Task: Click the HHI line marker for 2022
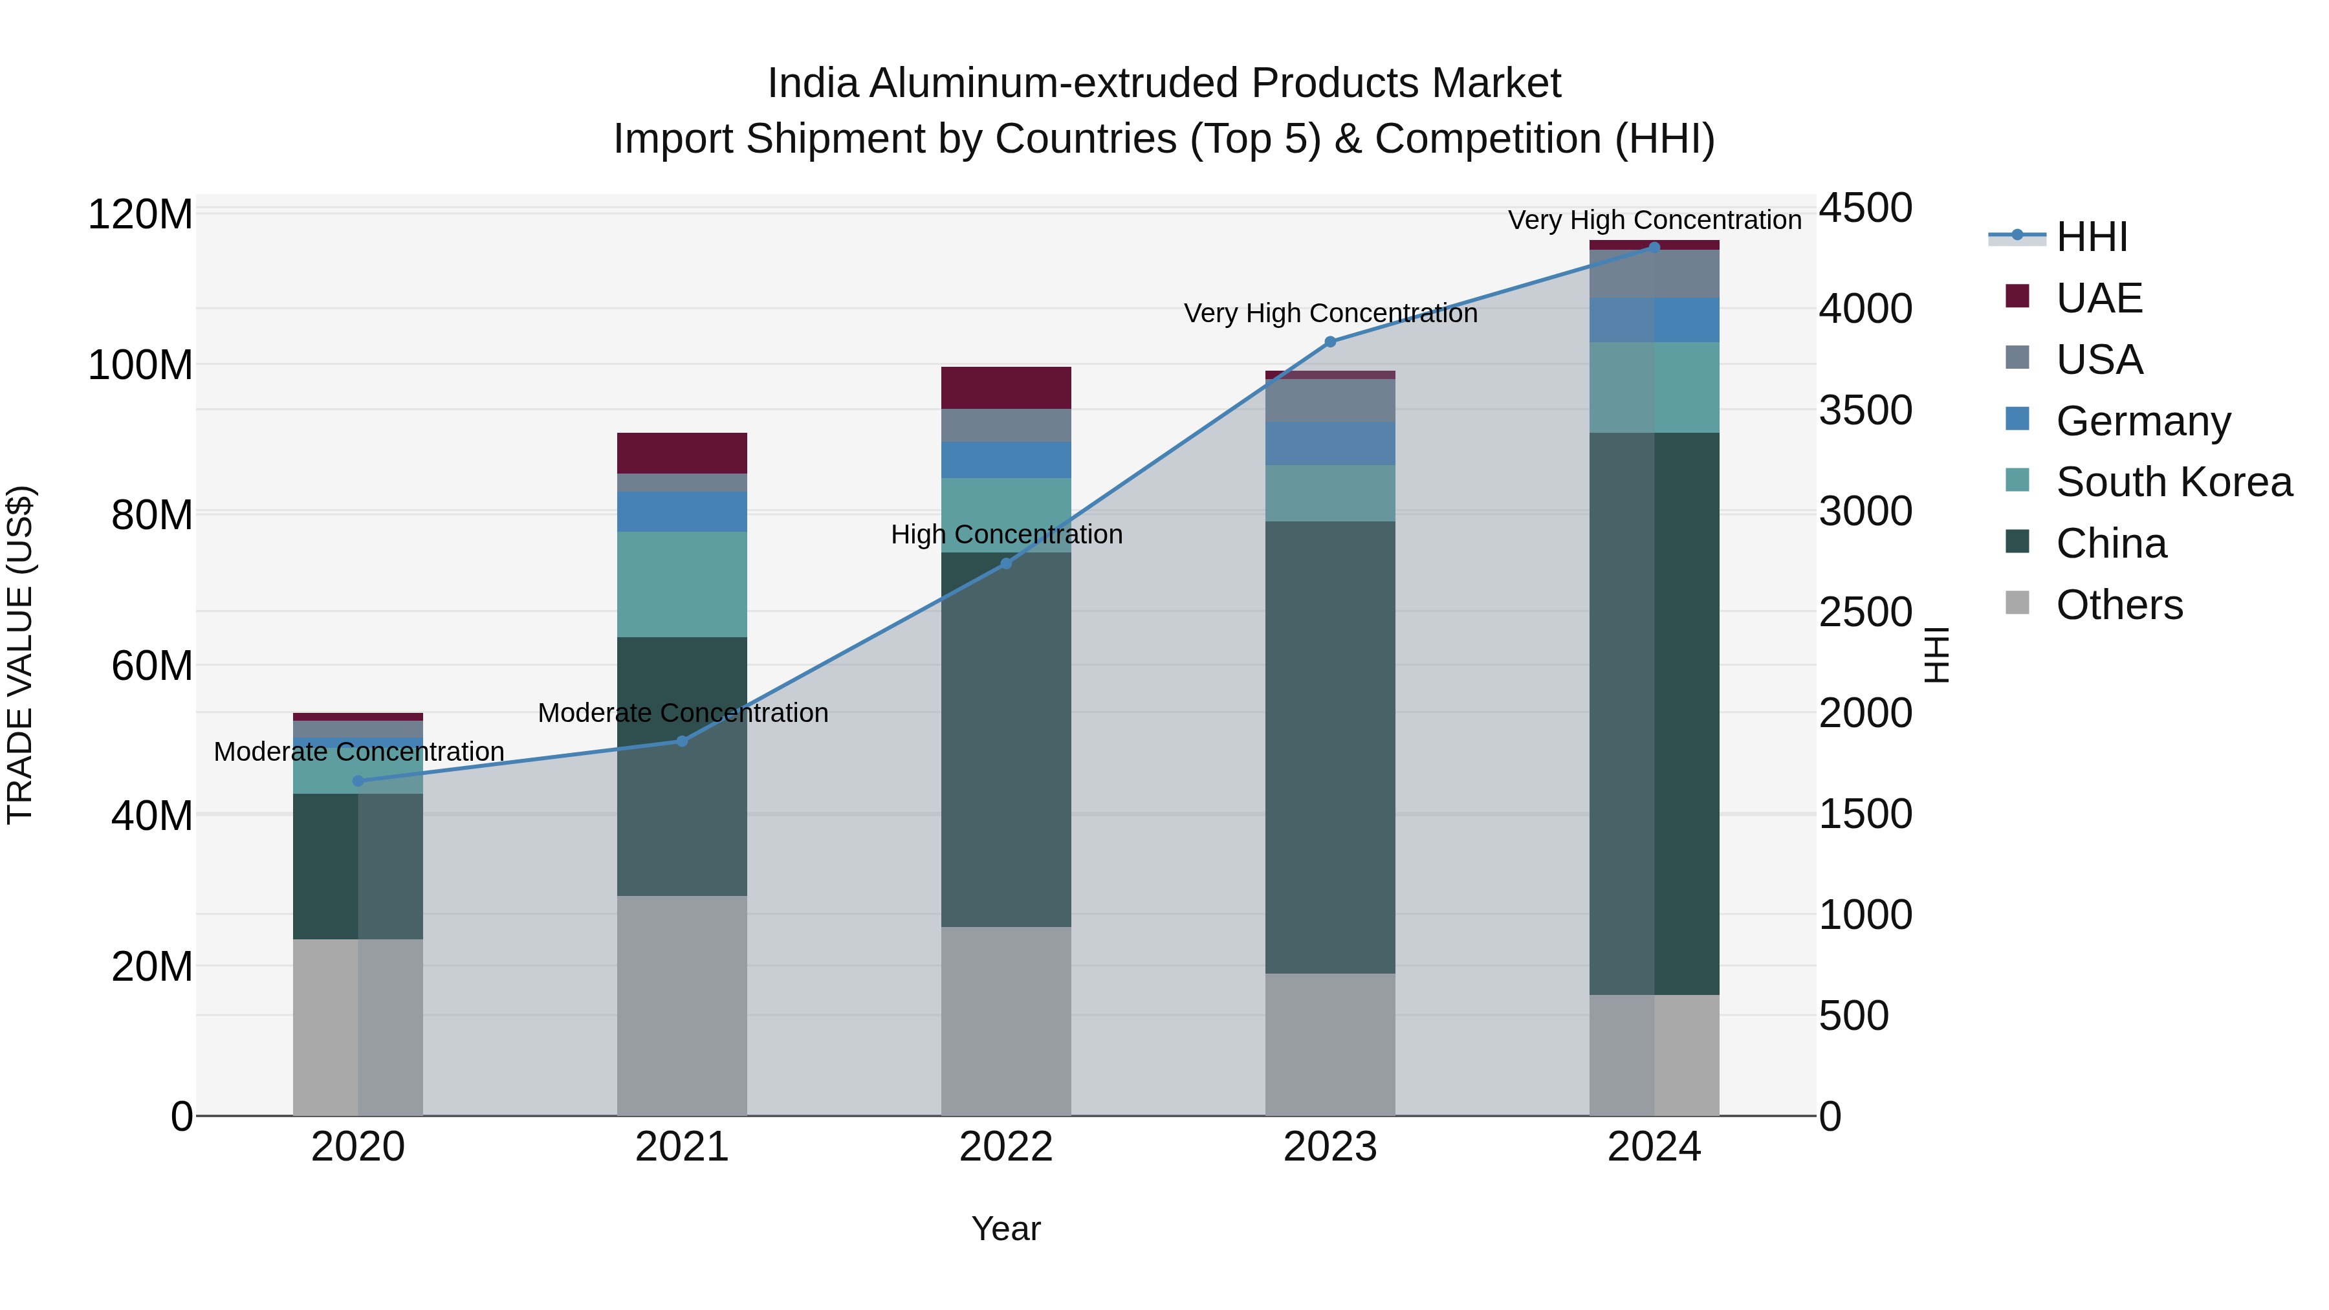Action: coord(1006,563)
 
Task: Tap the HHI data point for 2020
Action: coord(358,781)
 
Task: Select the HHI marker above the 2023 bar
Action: coord(1330,342)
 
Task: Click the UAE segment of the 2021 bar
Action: coord(682,453)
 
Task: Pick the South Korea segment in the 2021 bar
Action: coord(682,584)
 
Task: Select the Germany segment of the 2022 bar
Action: coord(1006,459)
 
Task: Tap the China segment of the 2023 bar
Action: coord(1330,747)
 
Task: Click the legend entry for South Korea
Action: coord(2174,482)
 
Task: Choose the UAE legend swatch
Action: coord(2017,296)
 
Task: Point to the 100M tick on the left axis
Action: coord(140,366)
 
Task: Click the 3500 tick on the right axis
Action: coord(1865,409)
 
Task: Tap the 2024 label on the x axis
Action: coord(1654,1147)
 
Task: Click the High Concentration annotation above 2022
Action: coord(1006,534)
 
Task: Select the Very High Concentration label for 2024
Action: coord(1654,220)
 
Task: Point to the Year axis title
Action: coord(1005,1228)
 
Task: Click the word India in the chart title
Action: coord(812,83)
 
